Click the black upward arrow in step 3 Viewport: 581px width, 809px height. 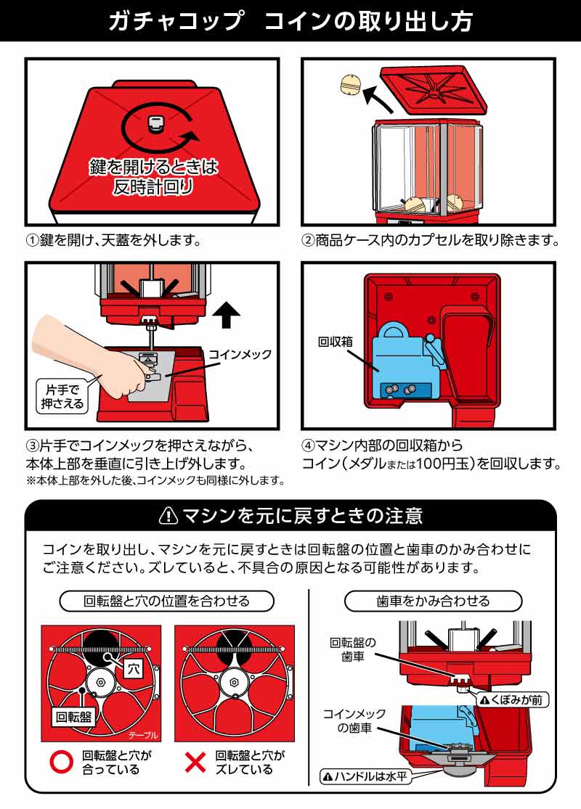(x=229, y=314)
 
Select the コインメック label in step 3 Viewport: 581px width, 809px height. (x=240, y=355)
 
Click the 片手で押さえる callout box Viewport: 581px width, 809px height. (x=60, y=396)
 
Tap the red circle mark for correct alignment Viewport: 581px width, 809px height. (x=60, y=762)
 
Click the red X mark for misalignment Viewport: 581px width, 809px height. (x=194, y=762)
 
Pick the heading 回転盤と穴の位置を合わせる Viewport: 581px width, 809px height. (x=167, y=601)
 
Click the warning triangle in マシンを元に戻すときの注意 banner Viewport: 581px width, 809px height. (x=168, y=516)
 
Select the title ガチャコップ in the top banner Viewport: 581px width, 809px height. (x=174, y=21)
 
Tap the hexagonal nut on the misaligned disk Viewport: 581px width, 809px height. (x=234, y=683)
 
